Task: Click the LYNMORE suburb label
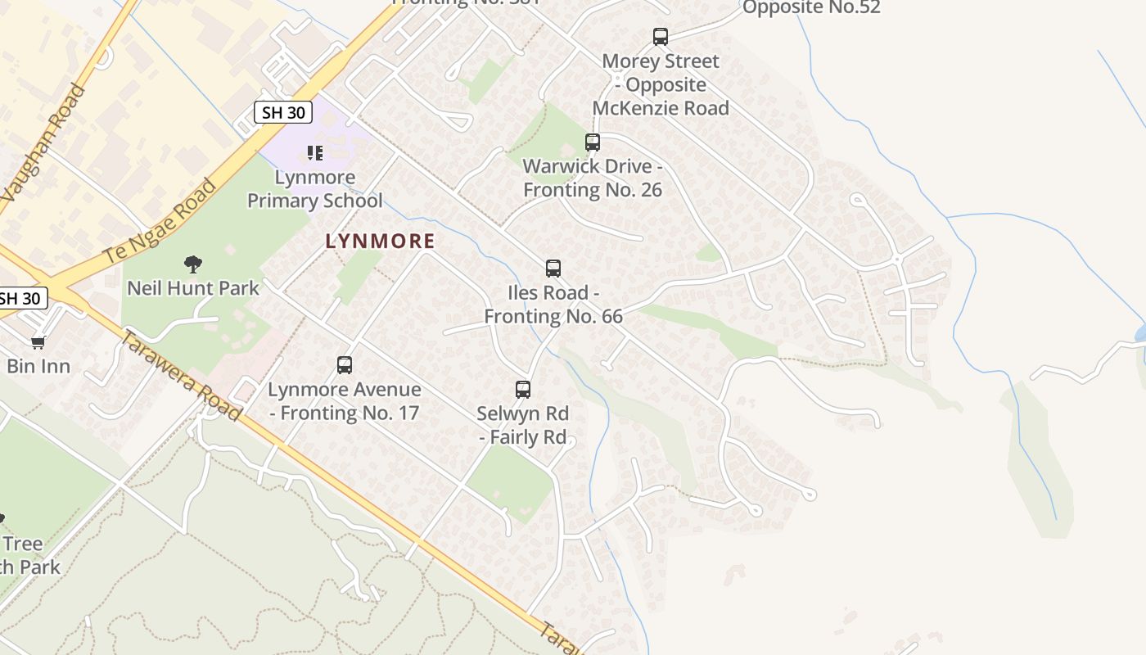[380, 241]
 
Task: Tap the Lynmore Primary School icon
[315, 153]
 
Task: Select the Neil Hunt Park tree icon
[193, 264]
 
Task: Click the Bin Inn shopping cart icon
[38, 342]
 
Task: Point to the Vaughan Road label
[44, 143]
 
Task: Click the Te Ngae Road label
[160, 221]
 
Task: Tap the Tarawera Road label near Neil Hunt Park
[181, 376]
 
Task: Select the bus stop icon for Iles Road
[553, 269]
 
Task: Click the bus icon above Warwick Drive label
[593, 142]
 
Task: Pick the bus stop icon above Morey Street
[661, 37]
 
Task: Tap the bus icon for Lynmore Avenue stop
[345, 365]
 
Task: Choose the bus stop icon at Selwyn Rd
[523, 390]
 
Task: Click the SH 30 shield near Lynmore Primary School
[283, 112]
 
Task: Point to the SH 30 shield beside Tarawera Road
[20, 298]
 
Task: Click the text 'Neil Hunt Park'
[193, 288]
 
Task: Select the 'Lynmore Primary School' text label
[315, 189]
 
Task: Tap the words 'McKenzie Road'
[661, 108]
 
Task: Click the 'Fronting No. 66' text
[553, 316]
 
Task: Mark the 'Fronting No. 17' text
[350, 413]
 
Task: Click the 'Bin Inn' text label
[38, 365]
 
